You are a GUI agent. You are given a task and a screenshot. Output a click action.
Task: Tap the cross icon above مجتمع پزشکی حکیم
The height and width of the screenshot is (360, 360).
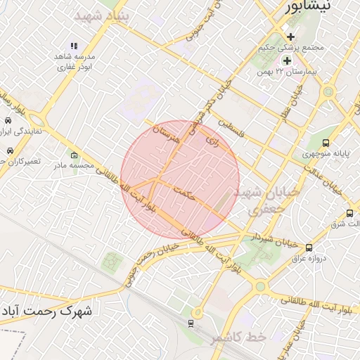click(x=290, y=37)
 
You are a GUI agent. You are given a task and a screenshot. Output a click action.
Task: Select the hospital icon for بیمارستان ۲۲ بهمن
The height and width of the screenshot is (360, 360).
click(x=286, y=60)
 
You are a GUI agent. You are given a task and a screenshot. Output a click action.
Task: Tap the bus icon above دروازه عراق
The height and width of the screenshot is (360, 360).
click(x=309, y=247)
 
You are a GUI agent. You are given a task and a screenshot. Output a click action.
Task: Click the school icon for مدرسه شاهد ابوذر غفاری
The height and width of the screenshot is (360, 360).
click(x=75, y=46)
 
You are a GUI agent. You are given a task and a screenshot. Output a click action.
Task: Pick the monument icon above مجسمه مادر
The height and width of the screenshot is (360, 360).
click(x=74, y=155)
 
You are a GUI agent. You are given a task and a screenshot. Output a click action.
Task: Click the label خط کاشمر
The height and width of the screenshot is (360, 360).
click(x=238, y=337)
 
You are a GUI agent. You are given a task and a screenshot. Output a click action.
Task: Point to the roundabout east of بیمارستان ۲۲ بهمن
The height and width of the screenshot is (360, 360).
click(x=327, y=92)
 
